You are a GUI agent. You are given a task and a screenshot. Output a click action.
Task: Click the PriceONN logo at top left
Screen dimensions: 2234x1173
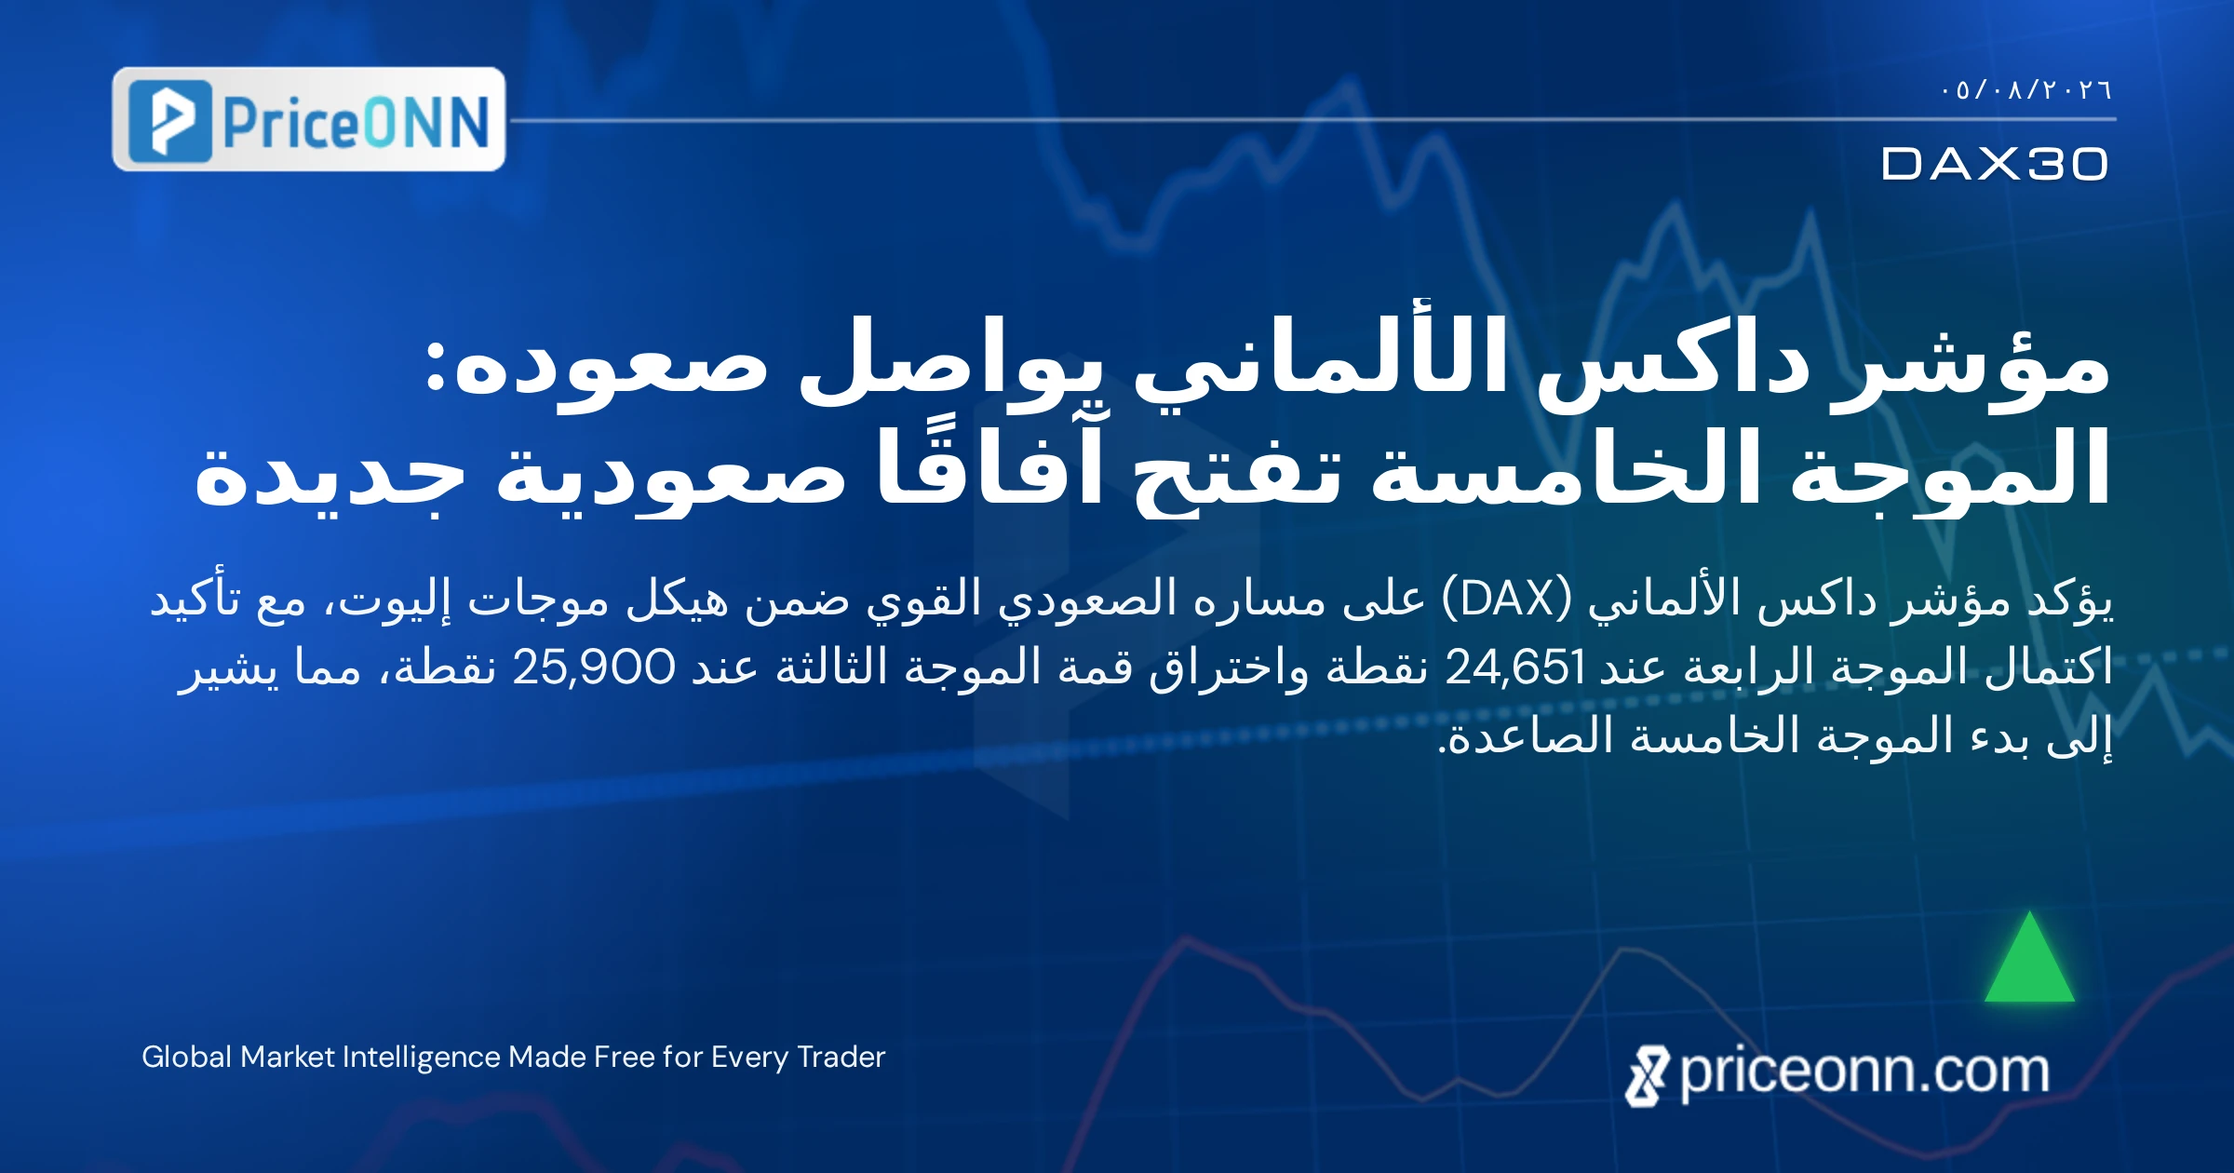point(309,119)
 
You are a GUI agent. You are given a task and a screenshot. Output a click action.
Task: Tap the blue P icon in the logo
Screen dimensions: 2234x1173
point(170,121)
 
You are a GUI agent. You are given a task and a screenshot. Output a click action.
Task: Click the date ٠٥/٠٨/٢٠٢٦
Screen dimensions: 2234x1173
point(2026,90)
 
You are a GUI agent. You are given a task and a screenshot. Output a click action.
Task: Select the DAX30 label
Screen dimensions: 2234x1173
point(1995,164)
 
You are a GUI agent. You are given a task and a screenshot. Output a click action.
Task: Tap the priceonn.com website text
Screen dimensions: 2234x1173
point(1864,1072)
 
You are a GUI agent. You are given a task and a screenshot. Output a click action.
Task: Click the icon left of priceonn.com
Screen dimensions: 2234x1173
point(1648,1076)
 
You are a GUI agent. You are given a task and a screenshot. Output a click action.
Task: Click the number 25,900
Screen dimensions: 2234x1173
point(594,667)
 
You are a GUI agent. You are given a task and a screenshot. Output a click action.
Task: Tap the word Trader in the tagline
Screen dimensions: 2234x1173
point(841,1057)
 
